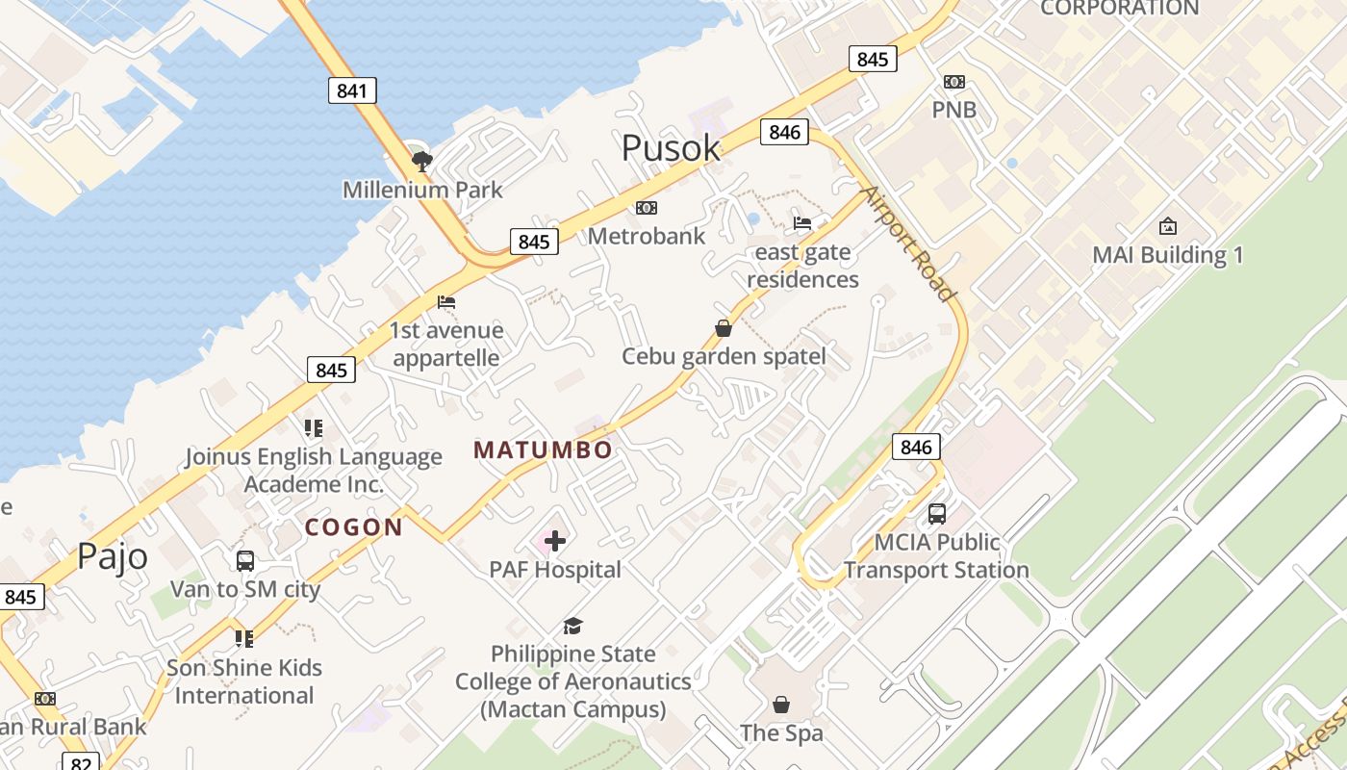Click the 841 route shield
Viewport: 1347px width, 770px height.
[352, 90]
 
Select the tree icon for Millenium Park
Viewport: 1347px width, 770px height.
[421, 161]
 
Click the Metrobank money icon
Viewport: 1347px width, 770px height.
[647, 208]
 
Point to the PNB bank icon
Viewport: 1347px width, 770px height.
[953, 82]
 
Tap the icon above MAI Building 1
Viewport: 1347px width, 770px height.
[1167, 226]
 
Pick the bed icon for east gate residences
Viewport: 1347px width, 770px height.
[802, 223]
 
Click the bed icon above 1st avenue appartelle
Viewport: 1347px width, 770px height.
[445, 302]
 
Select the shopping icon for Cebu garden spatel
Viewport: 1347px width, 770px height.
[724, 329]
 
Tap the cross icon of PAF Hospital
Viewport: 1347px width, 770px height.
[555, 541]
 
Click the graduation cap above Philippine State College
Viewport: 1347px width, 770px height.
[572, 626]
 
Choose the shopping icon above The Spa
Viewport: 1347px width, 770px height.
[781, 705]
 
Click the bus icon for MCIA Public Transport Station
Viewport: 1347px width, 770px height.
[936, 514]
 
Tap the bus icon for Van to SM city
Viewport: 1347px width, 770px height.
[244, 560]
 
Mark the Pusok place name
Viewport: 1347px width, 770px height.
[671, 148]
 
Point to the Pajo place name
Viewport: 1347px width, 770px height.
[113, 556]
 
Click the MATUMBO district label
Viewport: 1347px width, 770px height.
[543, 450]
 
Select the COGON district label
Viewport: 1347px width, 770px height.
[353, 527]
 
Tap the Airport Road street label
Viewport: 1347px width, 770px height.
[908, 243]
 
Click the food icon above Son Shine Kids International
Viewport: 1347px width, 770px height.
[244, 638]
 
